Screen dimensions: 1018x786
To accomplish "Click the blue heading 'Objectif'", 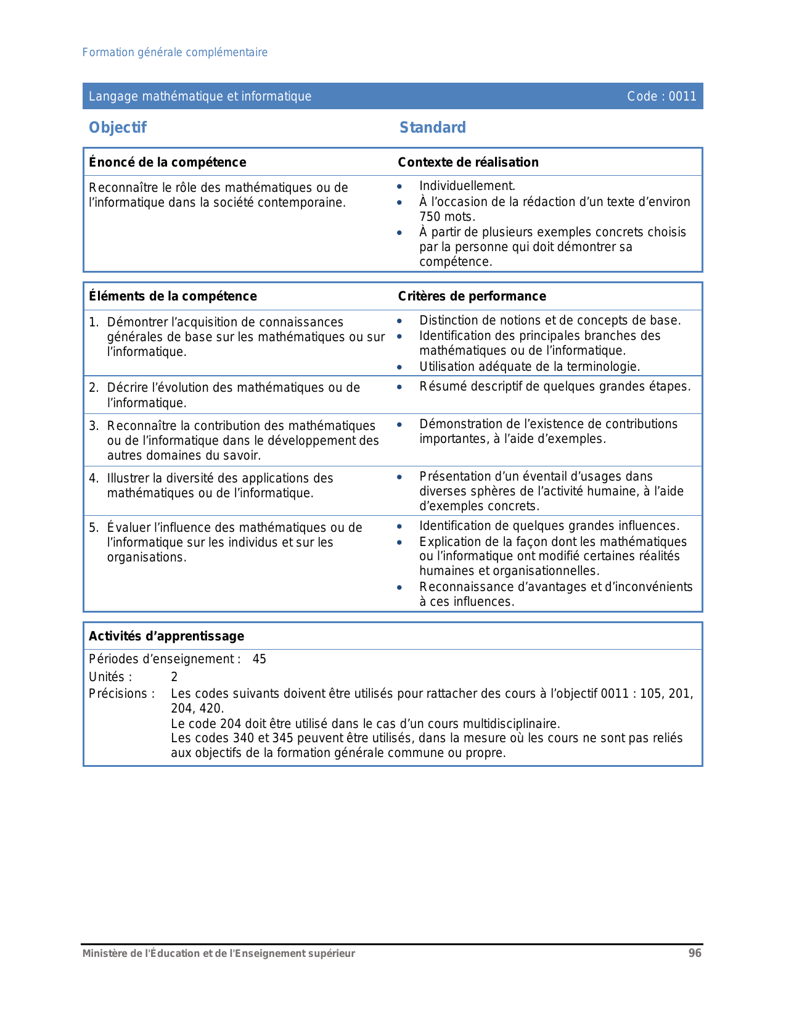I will click(118, 128).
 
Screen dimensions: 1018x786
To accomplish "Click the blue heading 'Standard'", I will click(433, 128).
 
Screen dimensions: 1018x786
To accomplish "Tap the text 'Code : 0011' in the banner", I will click(661, 96).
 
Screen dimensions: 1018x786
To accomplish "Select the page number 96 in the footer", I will click(695, 953).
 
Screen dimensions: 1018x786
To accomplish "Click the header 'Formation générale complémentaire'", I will click(175, 52).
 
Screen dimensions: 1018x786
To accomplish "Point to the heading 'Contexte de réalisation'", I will click(468, 162).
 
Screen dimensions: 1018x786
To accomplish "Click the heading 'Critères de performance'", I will click(472, 296).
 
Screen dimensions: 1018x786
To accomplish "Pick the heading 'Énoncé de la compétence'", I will click(167, 162).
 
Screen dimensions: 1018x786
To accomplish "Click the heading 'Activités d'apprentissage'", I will click(166, 636).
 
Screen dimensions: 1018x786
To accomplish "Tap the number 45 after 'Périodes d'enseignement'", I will click(260, 659).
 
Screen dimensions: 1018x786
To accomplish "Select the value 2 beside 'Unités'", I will click(174, 677).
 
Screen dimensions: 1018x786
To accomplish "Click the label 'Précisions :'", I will click(122, 693).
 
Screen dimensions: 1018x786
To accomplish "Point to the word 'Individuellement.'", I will click(467, 186).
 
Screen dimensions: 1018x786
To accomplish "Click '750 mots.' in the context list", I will click(447, 217).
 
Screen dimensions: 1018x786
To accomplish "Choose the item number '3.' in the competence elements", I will click(94, 426).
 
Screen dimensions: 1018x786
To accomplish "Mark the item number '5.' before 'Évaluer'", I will click(94, 528).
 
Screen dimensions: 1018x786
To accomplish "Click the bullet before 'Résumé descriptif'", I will click(399, 387).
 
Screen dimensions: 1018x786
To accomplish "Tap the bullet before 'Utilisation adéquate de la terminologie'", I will click(399, 367).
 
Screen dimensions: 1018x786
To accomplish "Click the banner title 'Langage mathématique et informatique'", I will click(200, 96).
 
